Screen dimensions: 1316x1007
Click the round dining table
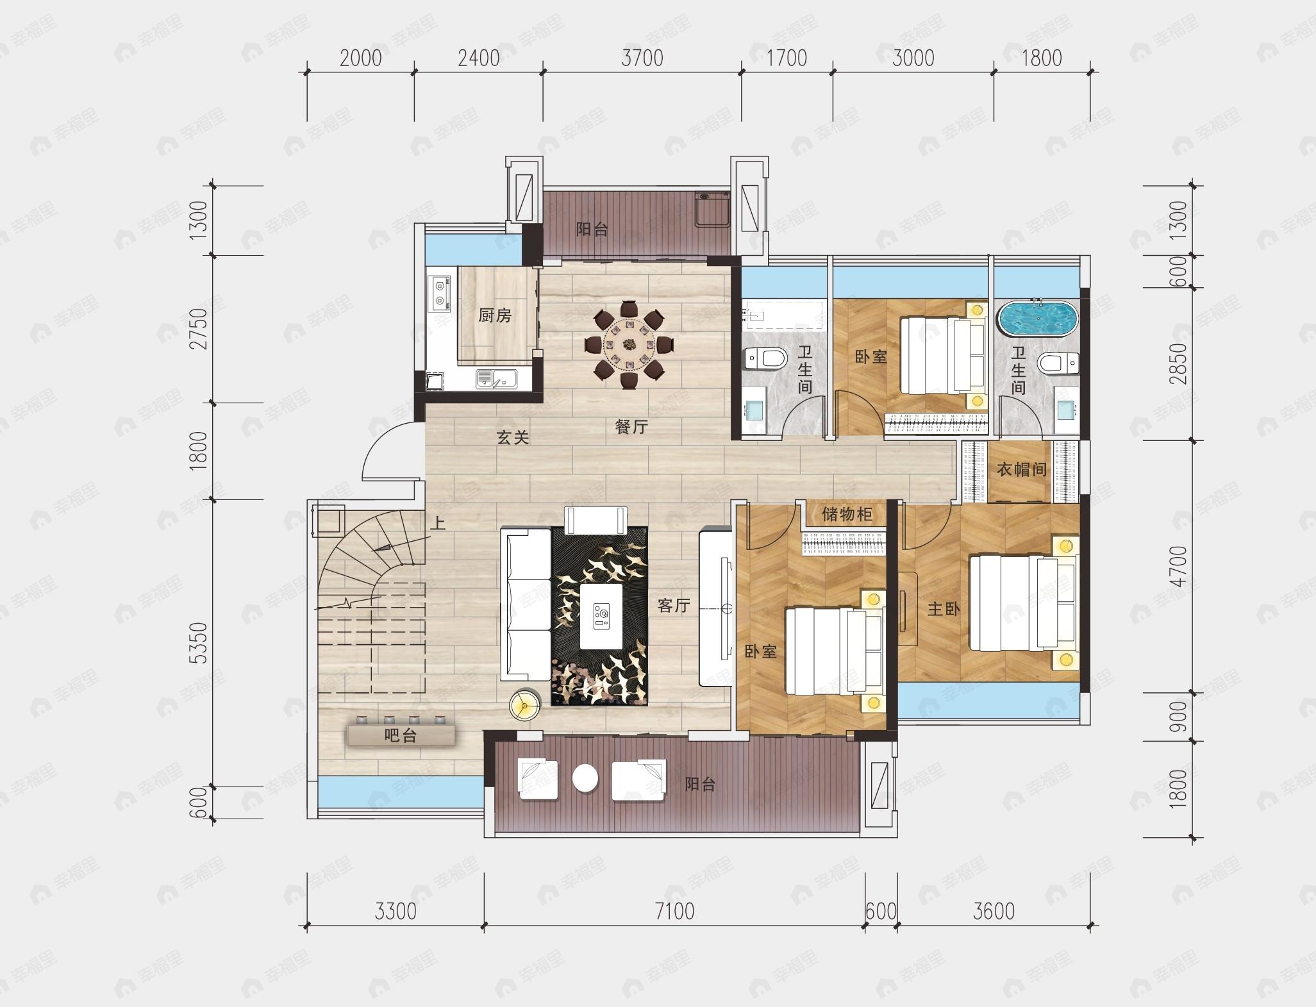629,345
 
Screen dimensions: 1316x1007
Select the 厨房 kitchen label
495,315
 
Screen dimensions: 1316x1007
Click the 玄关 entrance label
513,438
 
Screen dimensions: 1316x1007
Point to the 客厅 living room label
673,606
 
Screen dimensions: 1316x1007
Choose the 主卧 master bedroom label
944,609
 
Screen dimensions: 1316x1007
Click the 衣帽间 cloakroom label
1022,470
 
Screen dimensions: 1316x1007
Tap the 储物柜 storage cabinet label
847,514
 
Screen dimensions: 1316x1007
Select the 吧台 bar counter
401,734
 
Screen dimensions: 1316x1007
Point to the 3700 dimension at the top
642,58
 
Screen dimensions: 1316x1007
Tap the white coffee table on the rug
601,616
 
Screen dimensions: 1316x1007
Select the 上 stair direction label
438,524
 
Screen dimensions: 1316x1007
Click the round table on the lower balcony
585,779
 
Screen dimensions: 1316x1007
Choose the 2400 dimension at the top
479,58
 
